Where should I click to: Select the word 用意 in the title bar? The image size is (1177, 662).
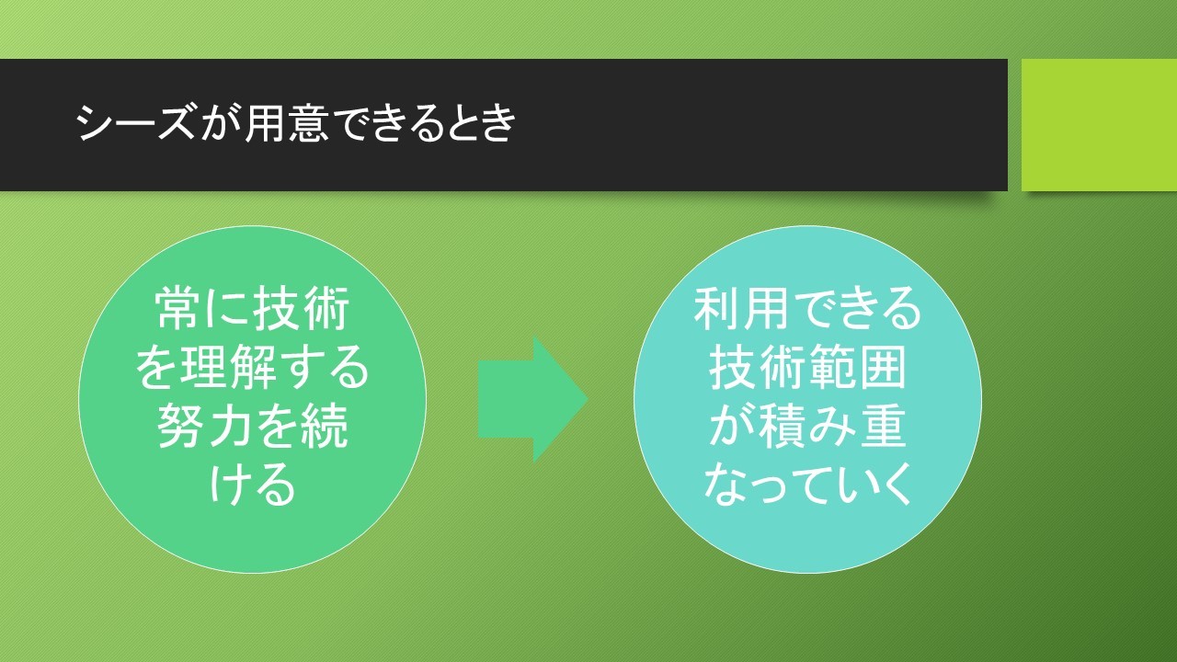pos(286,123)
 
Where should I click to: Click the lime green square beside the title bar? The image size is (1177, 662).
pos(1099,125)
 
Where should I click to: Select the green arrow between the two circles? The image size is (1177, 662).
pos(532,399)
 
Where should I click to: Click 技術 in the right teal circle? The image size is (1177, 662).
pos(756,367)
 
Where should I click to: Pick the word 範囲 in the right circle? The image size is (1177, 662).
pos(857,367)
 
